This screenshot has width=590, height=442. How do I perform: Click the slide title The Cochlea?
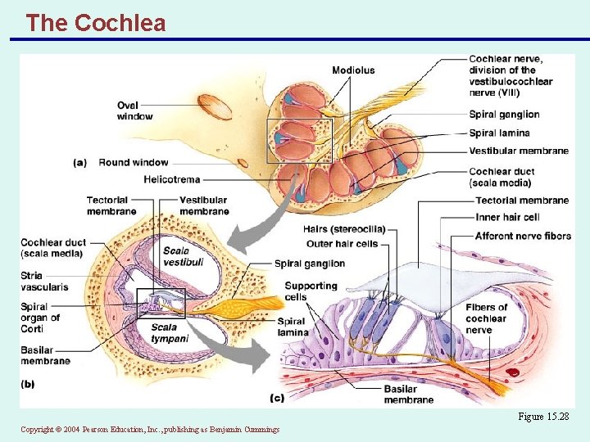click(95, 23)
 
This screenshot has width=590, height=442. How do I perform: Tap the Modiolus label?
click(353, 70)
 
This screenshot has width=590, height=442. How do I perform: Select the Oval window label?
click(134, 110)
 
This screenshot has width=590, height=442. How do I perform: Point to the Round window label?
click(133, 162)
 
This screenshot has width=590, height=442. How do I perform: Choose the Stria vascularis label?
click(43, 282)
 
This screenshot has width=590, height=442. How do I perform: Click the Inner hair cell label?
click(507, 218)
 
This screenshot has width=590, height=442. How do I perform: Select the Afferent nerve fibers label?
click(523, 236)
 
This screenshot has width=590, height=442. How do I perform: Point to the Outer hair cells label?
click(342, 243)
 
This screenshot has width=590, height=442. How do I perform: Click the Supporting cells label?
click(311, 291)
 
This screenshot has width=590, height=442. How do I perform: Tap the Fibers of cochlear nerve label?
click(486, 318)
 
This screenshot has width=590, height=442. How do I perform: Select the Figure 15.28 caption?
click(542, 417)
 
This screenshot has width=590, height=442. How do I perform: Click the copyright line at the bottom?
click(150, 429)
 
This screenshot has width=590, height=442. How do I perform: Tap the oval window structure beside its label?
click(215, 106)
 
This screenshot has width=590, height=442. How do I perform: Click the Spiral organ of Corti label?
click(40, 317)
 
